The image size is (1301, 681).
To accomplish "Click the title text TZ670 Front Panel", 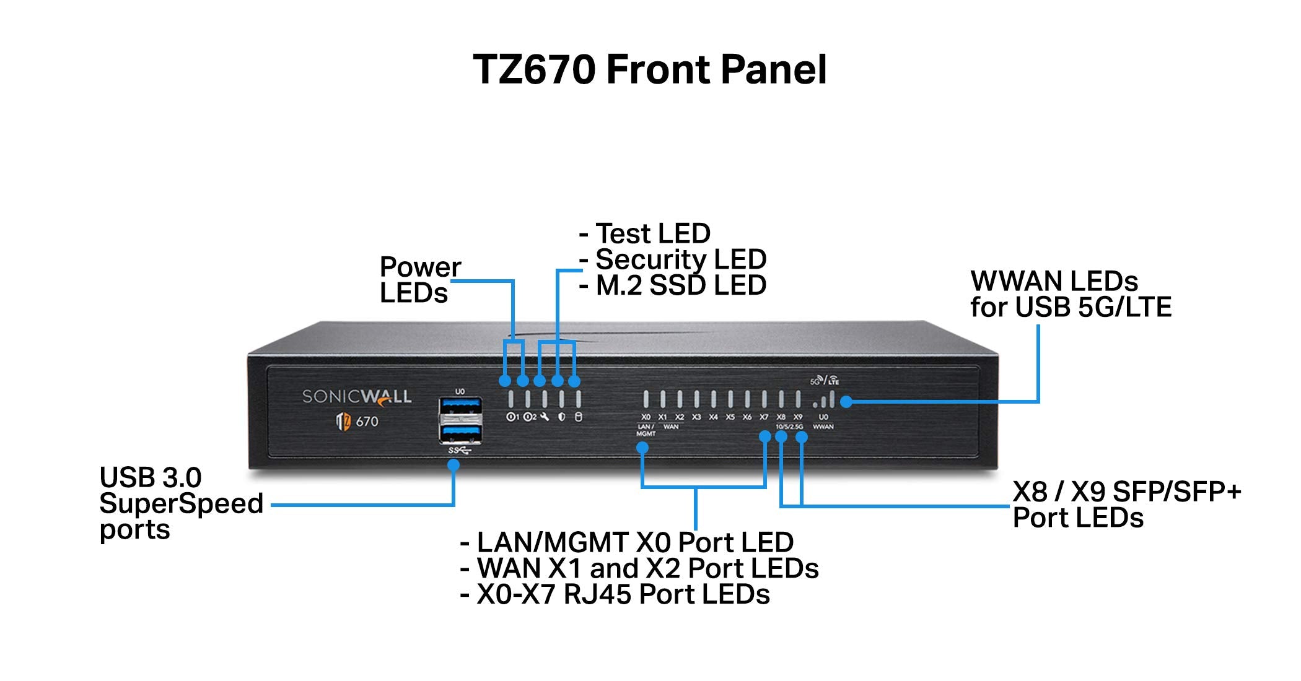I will (x=650, y=69).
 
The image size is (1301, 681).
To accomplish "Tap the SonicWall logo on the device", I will (x=356, y=396).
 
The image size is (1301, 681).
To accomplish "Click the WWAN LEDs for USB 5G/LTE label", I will (x=1070, y=294).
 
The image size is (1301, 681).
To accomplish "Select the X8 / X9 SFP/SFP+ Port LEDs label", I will (x=1126, y=505).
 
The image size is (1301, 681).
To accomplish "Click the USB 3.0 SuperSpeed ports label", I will (x=180, y=503).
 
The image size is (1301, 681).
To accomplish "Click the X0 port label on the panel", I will (x=646, y=417).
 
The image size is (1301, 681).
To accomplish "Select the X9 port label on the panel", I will (x=798, y=417).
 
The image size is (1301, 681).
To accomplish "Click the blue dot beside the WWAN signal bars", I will (x=846, y=402).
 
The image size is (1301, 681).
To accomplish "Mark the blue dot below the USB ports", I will (x=453, y=464).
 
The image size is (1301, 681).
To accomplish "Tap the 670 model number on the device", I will (x=367, y=422).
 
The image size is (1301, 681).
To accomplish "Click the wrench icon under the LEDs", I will (x=545, y=417).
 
